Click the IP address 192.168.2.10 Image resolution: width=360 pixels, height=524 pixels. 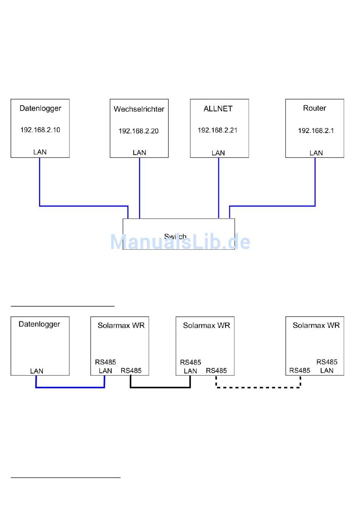click(x=40, y=130)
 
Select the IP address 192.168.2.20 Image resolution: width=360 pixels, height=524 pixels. click(x=138, y=131)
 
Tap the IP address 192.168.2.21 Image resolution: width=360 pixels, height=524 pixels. click(x=218, y=130)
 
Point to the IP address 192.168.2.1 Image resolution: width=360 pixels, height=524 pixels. click(x=316, y=131)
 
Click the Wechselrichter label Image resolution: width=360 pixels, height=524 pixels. click(x=139, y=109)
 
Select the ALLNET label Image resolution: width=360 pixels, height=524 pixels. click(x=218, y=109)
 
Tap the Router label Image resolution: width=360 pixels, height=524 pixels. click(x=315, y=108)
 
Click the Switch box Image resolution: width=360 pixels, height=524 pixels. click(x=178, y=234)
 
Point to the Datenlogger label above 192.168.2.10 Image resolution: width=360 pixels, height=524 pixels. click(x=40, y=108)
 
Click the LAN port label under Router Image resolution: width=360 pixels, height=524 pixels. click(x=316, y=153)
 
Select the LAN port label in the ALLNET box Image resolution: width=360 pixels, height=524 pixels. click(x=218, y=153)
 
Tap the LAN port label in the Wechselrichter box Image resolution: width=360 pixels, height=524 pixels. click(x=139, y=153)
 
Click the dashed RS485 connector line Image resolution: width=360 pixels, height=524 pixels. click(x=258, y=387)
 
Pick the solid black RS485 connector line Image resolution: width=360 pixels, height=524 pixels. click(x=160, y=387)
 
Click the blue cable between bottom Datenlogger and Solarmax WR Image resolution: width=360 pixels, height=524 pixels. click(x=70, y=387)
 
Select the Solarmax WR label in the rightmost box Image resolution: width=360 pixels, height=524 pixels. click(x=316, y=325)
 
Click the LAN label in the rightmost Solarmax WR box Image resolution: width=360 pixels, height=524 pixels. click(x=327, y=371)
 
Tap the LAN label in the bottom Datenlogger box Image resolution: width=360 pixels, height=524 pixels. click(x=37, y=371)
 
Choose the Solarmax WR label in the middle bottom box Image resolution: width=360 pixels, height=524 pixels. click(x=206, y=325)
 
